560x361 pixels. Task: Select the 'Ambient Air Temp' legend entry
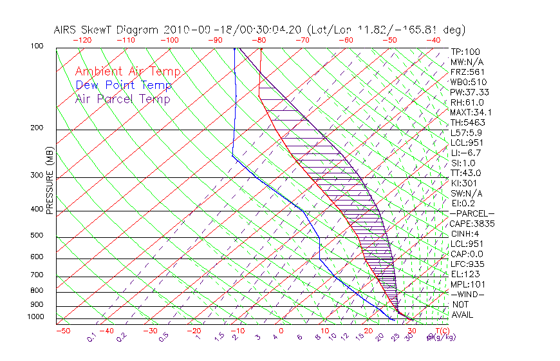(x=128, y=72)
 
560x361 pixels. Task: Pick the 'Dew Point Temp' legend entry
(x=124, y=85)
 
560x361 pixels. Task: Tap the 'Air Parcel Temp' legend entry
(x=123, y=99)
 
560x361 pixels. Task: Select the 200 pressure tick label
(x=38, y=128)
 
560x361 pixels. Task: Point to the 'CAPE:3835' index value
(x=472, y=224)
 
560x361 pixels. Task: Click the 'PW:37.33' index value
(x=469, y=92)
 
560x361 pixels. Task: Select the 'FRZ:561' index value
(x=467, y=72)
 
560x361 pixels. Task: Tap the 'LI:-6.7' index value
(x=467, y=153)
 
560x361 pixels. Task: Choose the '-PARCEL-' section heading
(x=472, y=213)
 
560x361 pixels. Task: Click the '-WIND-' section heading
(x=467, y=294)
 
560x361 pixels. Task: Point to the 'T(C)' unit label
(x=443, y=331)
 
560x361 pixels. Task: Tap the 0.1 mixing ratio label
(x=91, y=337)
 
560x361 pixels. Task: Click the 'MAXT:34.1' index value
(x=472, y=112)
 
